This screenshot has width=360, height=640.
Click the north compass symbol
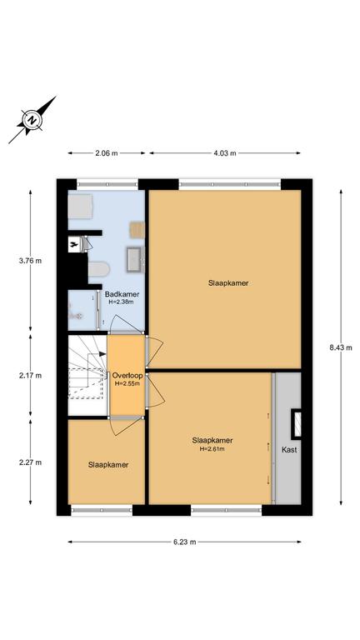click(x=32, y=120)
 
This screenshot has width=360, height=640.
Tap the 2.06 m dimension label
click(x=106, y=153)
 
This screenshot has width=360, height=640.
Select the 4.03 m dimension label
click(x=224, y=153)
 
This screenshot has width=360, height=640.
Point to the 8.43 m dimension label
click(x=341, y=347)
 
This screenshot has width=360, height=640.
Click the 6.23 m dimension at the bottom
click(x=184, y=542)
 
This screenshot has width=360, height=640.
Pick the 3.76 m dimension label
click(x=30, y=261)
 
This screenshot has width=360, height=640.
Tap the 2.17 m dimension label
click(x=30, y=376)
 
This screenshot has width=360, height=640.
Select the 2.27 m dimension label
click(x=30, y=462)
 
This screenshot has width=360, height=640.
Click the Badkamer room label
click(x=122, y=294)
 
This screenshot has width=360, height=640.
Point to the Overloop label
click(x=127, y=376)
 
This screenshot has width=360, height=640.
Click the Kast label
click(x=289, y=450)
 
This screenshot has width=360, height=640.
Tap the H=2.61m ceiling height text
click(x=212, y=449)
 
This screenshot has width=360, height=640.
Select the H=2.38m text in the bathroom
click(x=121, y=302)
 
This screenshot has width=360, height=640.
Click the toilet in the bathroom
click(x=99, y=269)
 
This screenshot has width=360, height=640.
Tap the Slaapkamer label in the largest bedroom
click(x=228, y=282)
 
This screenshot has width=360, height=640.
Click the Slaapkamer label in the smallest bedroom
click(x=108, y=465)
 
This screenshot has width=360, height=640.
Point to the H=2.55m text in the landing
click(x=127, y=383)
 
